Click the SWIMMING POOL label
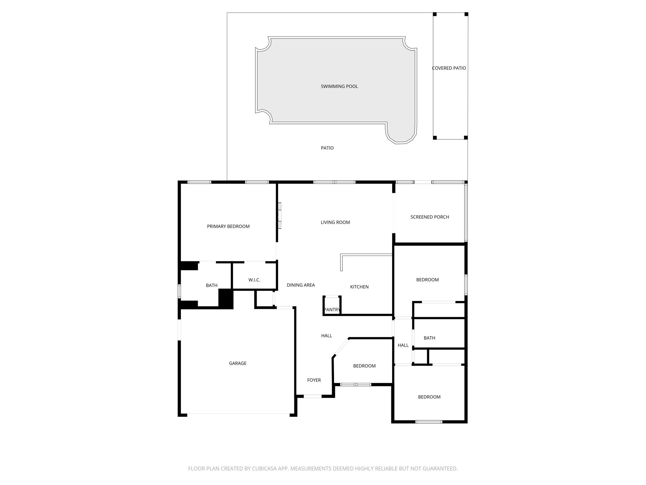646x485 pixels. pos(339,87)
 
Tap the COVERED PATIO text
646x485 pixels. pos(449,68)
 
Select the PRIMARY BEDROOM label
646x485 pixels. pos(228,226)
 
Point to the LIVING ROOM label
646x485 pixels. pos(335,222)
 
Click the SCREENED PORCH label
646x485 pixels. pos(430,217)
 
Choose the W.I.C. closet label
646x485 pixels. pos(254,280)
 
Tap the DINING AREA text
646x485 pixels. pos(301,285)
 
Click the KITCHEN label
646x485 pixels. pos(359,287)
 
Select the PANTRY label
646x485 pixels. pos(332,310)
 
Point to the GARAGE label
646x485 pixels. pos(238,363)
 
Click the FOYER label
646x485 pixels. pos(314,380)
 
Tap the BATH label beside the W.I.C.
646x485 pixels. pos(212,285)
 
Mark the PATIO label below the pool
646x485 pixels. pos(327,148)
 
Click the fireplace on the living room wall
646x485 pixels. pos(279,215)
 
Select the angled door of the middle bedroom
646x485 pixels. pos(341,348)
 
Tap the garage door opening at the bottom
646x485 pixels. pos(238,414)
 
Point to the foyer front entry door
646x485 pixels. pos(313,396)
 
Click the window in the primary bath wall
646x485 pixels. pos(179,291)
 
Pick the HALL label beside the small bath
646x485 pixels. pos(403,345)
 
